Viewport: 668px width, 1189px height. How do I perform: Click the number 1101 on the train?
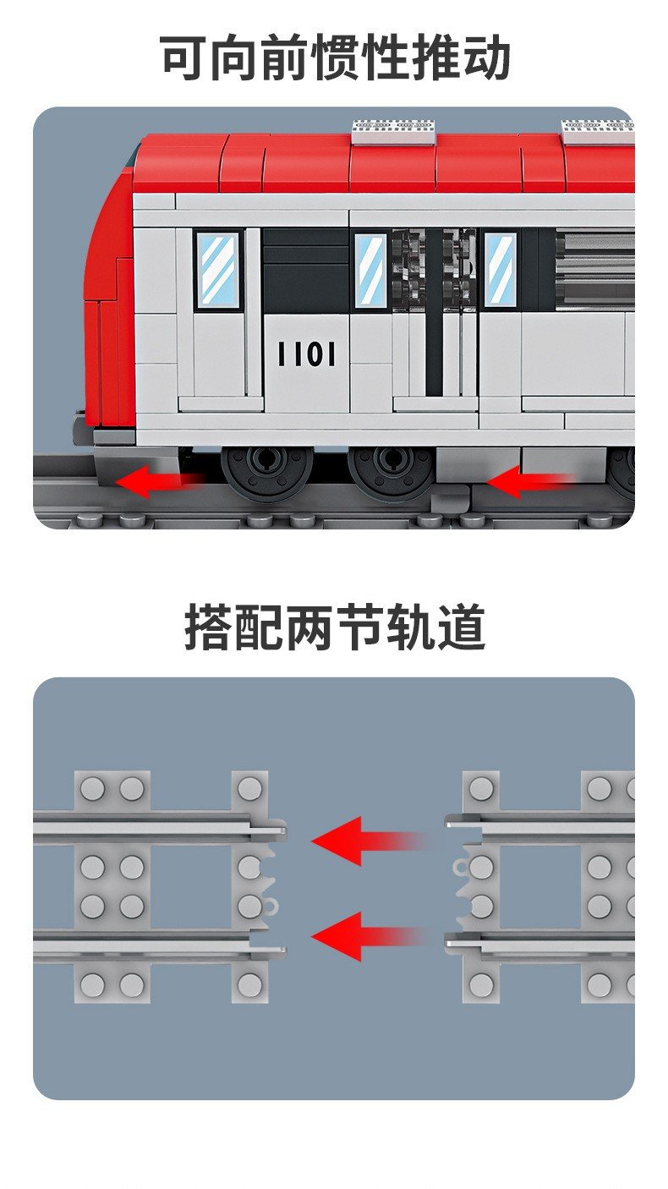coord(307,353)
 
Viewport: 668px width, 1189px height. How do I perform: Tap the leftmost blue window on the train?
coord(217,269)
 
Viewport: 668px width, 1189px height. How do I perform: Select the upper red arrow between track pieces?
coord(370,841)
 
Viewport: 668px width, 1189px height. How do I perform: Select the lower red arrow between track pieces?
coord(370,936)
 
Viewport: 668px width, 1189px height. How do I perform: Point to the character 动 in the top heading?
coord(485,58)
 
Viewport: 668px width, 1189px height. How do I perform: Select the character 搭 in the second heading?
coord(209,627)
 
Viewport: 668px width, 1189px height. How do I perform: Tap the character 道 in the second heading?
coord(462,627)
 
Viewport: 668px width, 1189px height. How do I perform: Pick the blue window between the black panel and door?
coord(370,270)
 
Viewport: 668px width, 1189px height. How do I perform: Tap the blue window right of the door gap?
coord(501,270)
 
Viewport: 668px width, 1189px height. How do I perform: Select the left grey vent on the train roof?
coord(394,132)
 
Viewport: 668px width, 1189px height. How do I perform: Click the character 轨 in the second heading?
coord(411,627)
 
